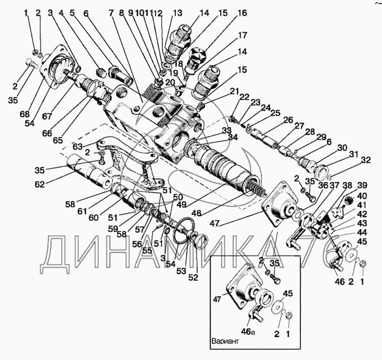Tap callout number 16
242,13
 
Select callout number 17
242,35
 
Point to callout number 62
39,183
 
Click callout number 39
362,186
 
